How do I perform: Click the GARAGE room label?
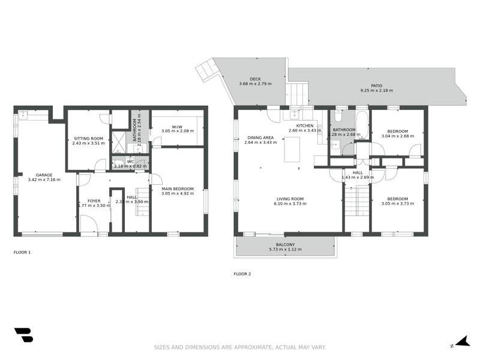tap(40, 175)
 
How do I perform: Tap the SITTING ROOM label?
tap(88, 138)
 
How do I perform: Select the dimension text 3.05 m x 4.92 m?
tap(178, 194)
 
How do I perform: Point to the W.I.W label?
tap(177, 126)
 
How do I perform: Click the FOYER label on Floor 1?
tap(94, 201)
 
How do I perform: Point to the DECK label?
tap(255, 79)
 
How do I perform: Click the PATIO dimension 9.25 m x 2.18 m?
tap(376, 91)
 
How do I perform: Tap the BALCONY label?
tap(285, 244)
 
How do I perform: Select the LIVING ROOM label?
tap(290, 199)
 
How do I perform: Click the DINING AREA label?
tap(260, 137)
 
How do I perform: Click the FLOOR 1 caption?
tap(22, 252)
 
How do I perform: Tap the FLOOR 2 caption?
tap(242, 274)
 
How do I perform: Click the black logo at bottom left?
tap(23, 335)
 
